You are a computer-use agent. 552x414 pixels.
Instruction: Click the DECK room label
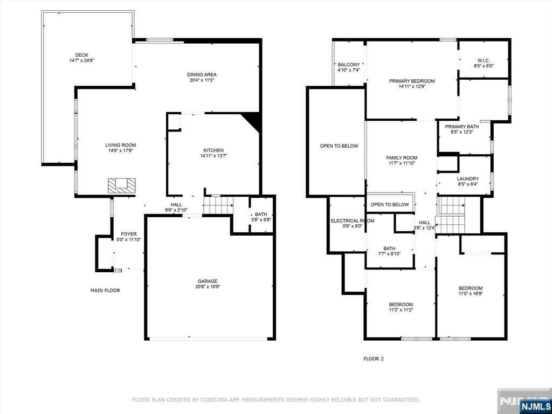82,55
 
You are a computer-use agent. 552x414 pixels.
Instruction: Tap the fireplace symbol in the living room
121,185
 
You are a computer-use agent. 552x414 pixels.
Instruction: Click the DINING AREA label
202,74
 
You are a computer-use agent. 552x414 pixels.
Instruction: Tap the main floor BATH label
261,214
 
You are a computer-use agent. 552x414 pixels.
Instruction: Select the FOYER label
128,234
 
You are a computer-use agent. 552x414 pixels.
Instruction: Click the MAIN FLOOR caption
105,291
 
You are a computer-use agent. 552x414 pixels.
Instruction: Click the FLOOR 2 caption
374,358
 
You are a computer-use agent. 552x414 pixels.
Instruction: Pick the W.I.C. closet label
484,60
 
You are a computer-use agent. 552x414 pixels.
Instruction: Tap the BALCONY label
349,65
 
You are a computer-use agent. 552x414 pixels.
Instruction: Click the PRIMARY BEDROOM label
412,81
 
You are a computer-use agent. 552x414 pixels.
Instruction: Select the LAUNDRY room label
468,178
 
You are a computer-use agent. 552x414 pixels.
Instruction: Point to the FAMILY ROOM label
402,158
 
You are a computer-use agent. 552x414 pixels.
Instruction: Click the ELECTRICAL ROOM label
353,220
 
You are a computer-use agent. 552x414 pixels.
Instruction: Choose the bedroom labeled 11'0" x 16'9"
470,291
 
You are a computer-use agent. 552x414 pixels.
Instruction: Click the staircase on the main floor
218,205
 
